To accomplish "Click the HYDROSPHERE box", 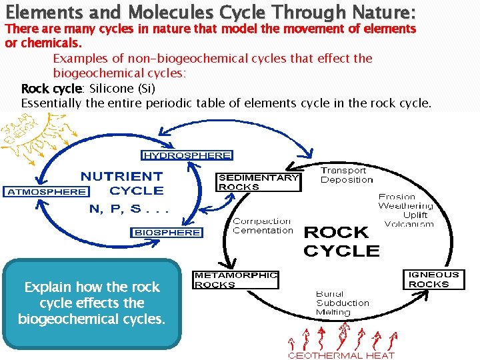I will pyautogui.click(x=187, y=155).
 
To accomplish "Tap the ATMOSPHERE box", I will pyautogui.click(x=46, y=191).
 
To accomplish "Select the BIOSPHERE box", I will pyautogui.click(x=167, y=232).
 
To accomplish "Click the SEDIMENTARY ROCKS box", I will pyautogui.click(x=258, y=182).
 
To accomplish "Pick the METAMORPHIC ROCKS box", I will pyautogui.click(x=235, y=279).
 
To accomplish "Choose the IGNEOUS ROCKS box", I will pyautogui.click(x=433, y=279).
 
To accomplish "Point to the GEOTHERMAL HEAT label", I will pyautogui.click(x=341, y=355).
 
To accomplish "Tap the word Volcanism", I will pyautogui.click(x=409, y=224).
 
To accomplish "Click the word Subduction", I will pyautogui.click(x=342, y=303).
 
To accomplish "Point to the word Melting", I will pyautogui.click(x=333, y=312).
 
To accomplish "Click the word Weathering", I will pyautogui.click(x=405, y=206).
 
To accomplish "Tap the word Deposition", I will pyautogui.click(x=347, y=180).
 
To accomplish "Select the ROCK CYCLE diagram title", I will pyautogui.click(x=341, y=241).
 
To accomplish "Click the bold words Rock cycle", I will pyautogui.click(x=51, y=89).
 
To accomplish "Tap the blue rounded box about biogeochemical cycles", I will pyautogui.click(x=92, y=303).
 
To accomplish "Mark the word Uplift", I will pyautogui.click(x=415, y=215).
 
